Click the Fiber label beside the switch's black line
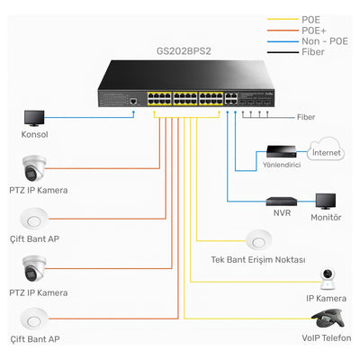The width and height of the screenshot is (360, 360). tap(307, 118)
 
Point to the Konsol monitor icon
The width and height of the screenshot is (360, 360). tap(34, 118)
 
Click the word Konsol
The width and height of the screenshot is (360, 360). tap(34, 135)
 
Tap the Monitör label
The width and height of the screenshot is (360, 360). tap(325, 217)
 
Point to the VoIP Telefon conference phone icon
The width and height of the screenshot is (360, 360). tap(325, 319)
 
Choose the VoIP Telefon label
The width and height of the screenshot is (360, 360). tap(325, 339)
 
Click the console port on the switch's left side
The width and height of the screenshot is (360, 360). tap(132, 103)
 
